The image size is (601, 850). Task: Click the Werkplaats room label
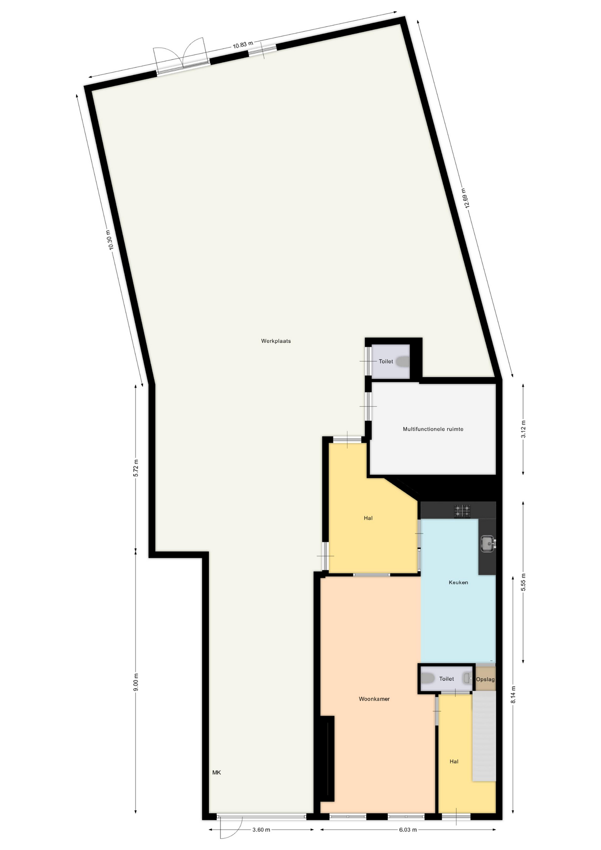tap(276, 341)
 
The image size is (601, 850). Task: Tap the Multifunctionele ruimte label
tap(433, 429)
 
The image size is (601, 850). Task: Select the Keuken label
tap(458, 582)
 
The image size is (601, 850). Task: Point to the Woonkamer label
tap(374, 699)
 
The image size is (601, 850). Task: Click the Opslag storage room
tap(485, 679)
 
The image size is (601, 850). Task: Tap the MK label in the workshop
tap(216, 773)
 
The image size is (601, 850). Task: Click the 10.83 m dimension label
tap(243, 45)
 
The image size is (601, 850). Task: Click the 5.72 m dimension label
tap(136, 468)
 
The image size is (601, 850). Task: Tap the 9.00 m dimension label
tap(136, 682)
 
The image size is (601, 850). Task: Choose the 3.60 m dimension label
tap(261, 830)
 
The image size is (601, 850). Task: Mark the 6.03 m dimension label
tap(408, 830)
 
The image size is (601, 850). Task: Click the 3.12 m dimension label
tap(523, 429)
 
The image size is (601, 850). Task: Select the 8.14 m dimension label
tap(513, 695)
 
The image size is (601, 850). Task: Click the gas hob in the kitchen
tap(462, 511)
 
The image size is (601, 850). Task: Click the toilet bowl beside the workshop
tap(402, 362)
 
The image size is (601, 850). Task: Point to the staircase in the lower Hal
tap(484, 737)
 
